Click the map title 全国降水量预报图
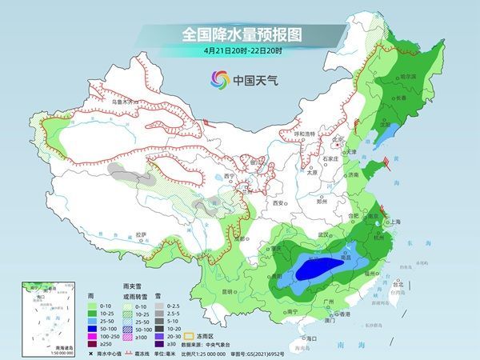[x=239, y=34]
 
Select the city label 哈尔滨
[x=408, y=77]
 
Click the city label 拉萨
[x=141, y=234]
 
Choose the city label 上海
[x=394, y=222]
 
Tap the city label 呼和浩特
[x=305, y=134]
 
